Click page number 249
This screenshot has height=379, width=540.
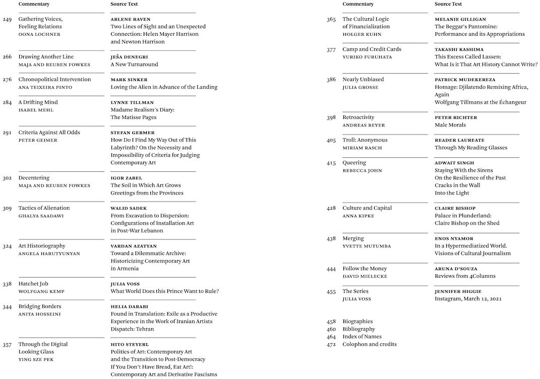(7, 19)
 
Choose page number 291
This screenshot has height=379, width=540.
(7, 133)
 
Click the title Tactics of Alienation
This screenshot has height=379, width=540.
(44, 208)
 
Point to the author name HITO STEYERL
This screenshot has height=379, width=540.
(130, 344)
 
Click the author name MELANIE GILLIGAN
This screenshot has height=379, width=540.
(460, 19)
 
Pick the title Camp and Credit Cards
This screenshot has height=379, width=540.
(372, 49)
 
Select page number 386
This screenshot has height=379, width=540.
(331, 80)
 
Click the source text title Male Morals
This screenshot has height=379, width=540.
(450, 125)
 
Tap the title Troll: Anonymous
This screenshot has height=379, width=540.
(365, 140)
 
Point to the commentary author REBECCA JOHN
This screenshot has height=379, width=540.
(362, 170)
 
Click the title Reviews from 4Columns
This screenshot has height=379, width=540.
(465, 276)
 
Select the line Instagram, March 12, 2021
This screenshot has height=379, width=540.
(468, 299)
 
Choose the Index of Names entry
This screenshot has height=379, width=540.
(362, 337)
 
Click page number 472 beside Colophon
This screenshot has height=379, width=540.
(331, 344)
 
